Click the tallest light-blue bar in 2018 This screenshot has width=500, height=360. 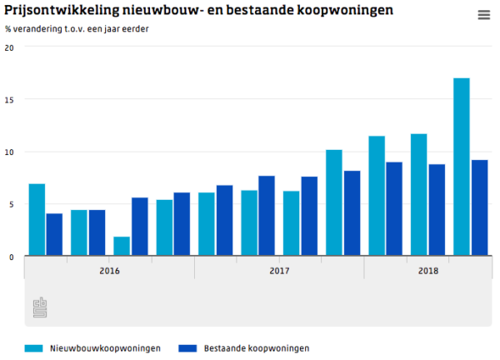461,167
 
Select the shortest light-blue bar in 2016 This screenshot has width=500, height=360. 122,247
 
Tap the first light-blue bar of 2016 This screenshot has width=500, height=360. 37,220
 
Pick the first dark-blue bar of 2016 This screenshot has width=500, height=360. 54,235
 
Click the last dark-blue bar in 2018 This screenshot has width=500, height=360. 479,208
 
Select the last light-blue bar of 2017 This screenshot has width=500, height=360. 333,203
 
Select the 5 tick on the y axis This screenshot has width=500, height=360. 11,204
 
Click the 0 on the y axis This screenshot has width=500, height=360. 11,257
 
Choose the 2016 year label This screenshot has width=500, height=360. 109,271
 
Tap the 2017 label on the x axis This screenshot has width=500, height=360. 279,271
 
